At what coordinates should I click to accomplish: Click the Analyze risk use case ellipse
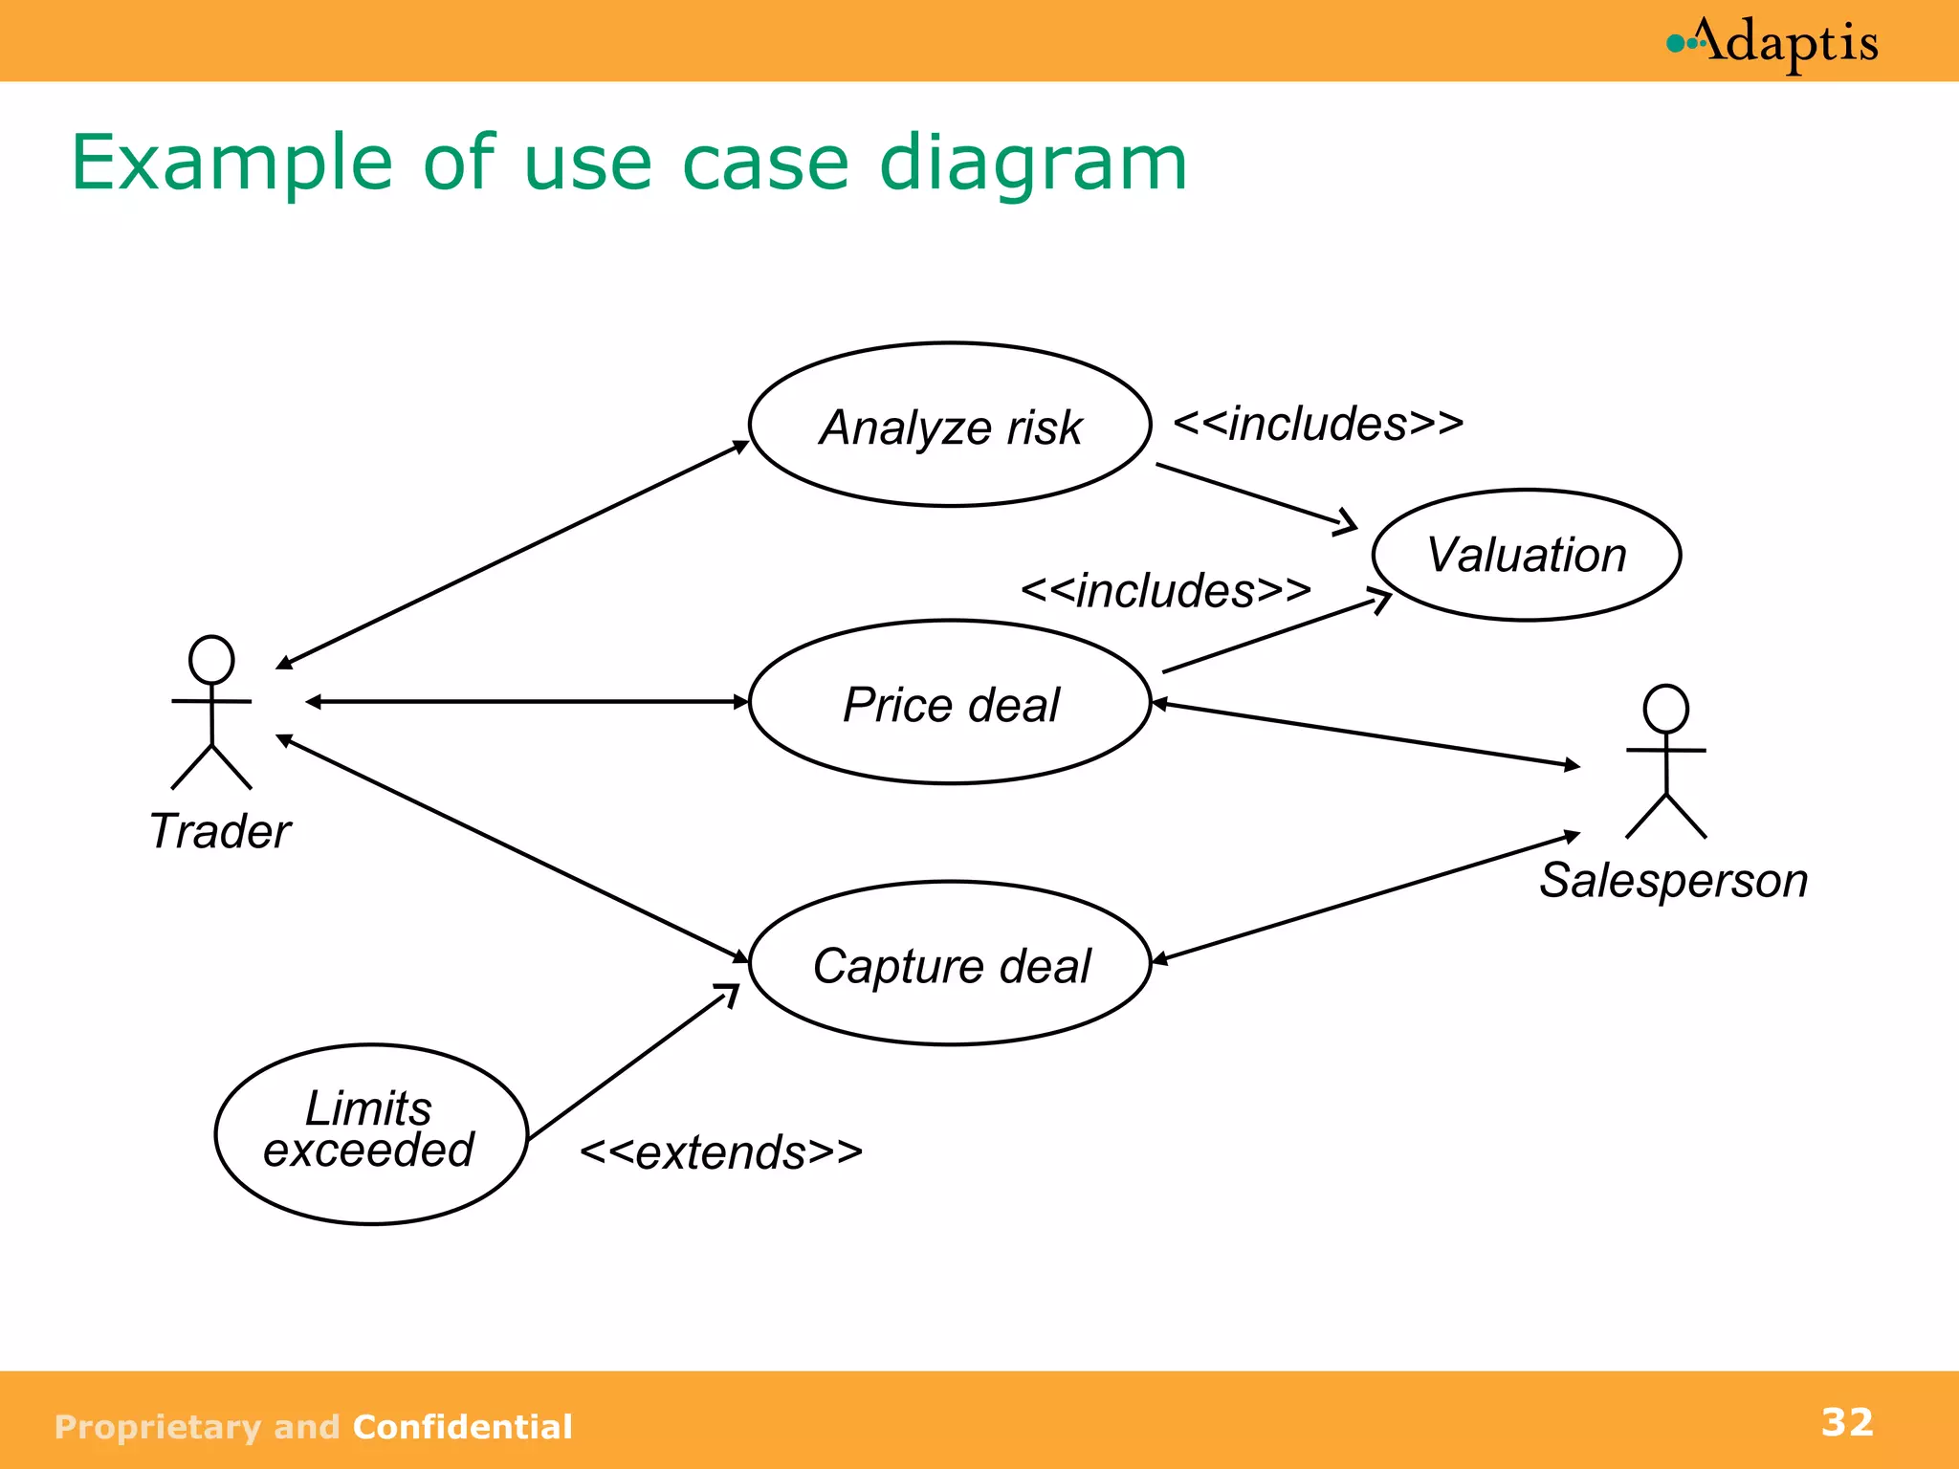point(950,425)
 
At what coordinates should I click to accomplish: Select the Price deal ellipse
point(950,703)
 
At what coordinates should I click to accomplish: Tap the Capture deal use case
point(950,964)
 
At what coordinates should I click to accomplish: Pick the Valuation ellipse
point(1526,555)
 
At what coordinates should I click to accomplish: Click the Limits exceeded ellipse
point(370,1133)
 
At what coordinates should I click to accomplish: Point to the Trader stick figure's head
point(211,659)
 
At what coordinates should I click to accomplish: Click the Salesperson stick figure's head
point(1665,709)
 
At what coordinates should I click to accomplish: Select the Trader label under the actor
point(220,830)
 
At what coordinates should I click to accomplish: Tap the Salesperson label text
point(1673,880)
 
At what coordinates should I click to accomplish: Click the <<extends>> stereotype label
point(721,1152)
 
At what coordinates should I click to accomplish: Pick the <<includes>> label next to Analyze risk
point(1318,424)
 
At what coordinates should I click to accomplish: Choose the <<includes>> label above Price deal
point(1165,590)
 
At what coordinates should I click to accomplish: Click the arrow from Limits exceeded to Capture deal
point(631,1063)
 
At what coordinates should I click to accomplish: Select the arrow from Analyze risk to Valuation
point(1253,494)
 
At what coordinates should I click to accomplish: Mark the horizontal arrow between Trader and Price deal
point(526,702)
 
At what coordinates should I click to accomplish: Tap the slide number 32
point(1846,1422)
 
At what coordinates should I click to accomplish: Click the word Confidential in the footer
point(462,1427)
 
